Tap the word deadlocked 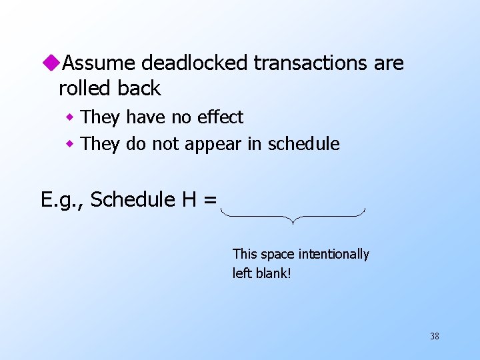click(x=196, y=63)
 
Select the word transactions click(x=309, y=63)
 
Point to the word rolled click(x=82, y=88)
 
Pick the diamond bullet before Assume click(x=53, y=63)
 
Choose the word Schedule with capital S click(x=133, y=199)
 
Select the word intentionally click(x=334, y=254)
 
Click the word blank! click(x=275, y=273)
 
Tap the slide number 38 click(x=434, y=337)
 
